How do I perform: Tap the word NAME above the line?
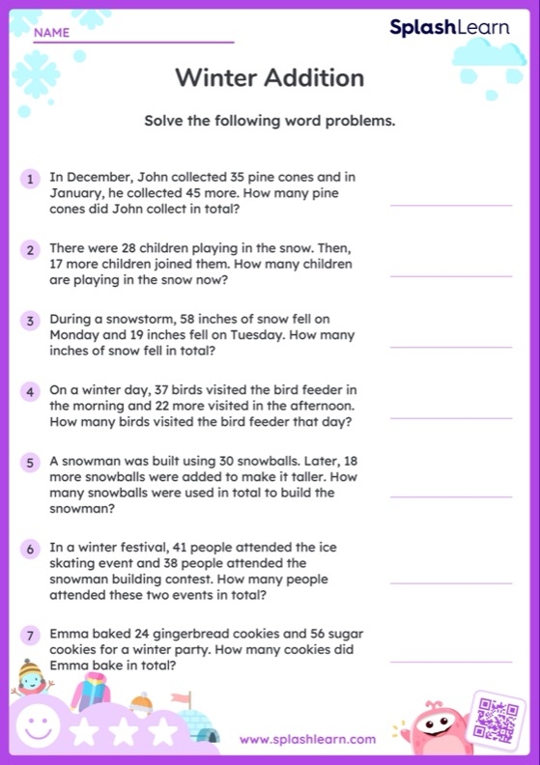tap(51, 33)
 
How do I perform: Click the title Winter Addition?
tap(270, 77)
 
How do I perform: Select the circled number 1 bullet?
tap(31, 179)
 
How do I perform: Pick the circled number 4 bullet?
tap(31, 391)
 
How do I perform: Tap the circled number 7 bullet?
tap(31, 636)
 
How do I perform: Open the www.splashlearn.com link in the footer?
tap(307, 739)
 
